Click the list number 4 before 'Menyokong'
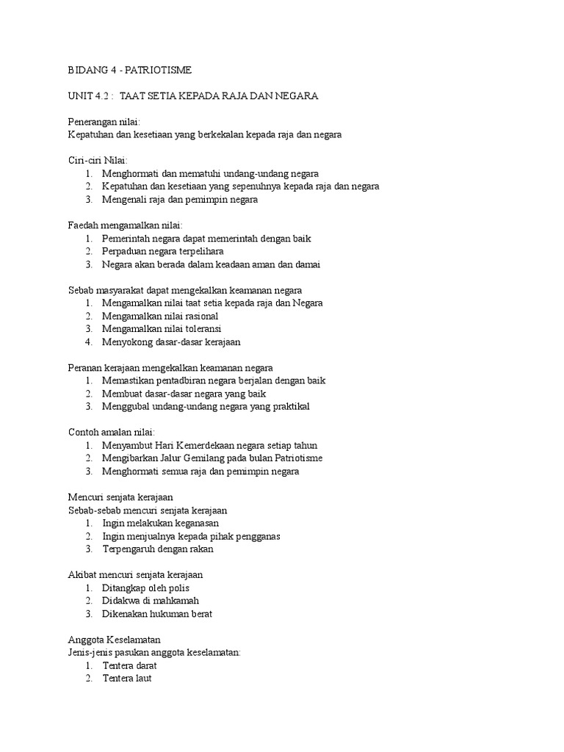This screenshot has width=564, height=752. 87,341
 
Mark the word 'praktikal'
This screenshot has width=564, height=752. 290,406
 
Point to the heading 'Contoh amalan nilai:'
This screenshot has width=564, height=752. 111,432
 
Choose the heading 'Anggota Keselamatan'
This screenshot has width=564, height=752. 114,640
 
